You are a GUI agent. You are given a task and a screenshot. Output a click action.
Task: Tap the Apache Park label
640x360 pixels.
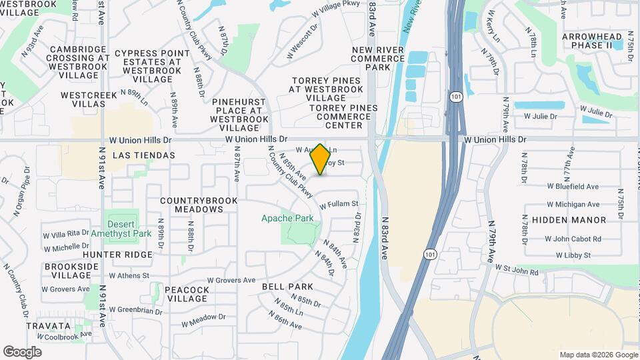287,218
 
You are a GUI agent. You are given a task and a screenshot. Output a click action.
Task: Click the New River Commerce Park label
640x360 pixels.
379,58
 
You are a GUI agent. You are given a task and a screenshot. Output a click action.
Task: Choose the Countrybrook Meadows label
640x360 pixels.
191,205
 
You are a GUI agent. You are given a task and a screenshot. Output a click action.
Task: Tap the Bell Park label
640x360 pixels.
288,287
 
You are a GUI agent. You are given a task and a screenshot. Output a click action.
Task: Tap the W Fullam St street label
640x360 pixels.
339,204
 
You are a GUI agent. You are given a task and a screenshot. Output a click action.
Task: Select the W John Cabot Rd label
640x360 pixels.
573,239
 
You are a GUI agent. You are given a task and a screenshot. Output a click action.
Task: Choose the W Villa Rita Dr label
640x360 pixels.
66,234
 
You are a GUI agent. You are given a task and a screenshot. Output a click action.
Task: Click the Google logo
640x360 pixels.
22,352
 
